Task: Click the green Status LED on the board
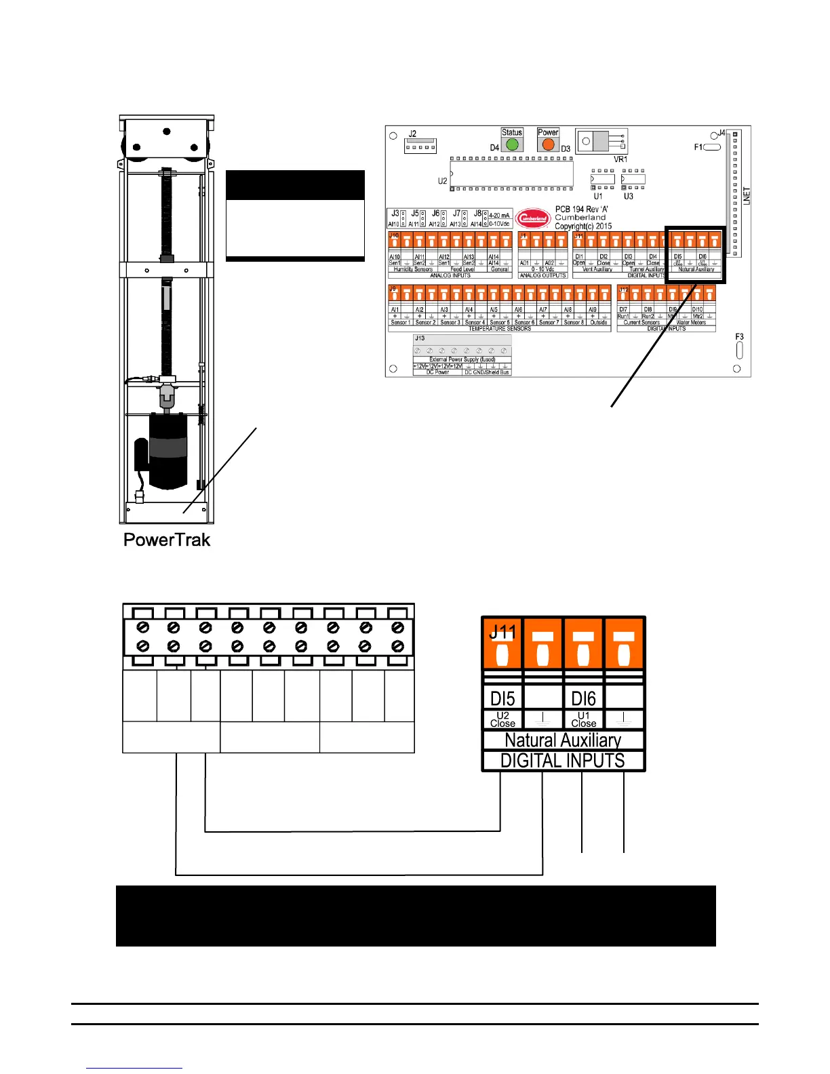pos(512,144)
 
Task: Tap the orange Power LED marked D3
pos(548,144)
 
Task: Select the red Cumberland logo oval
pos(533,218)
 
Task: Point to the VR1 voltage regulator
pos(601,142)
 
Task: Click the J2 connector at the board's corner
pos(420,146)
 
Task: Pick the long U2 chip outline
pos(511,174)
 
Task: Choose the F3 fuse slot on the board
pos(739,350)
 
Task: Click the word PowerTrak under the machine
pos(167,540)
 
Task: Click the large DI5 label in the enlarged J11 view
pos(502,698)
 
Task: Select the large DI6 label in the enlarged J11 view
pos(583,698)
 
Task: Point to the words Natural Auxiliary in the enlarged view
pos(563,740)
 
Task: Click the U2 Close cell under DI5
pos(502,719)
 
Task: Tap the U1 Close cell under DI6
pos(583,719)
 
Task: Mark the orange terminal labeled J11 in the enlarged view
pos(502,643)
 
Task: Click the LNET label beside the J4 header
pos(747,196)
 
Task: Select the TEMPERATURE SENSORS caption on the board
pos(500,329)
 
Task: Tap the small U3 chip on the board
pos(633,180)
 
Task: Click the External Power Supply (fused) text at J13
pos(462,359)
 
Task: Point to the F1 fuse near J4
pos(711,146)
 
